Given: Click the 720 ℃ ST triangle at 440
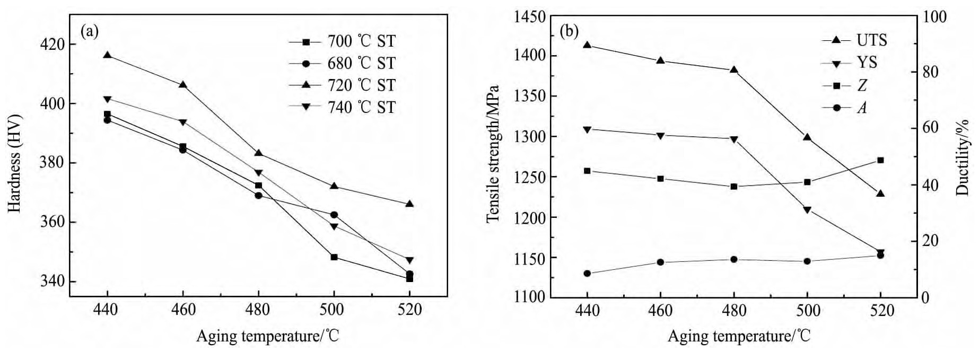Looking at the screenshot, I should [x=107, y=55].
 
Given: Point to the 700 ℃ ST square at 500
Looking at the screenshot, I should [x=334, y=257].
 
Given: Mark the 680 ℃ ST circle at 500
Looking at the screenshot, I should [x=334, y=215].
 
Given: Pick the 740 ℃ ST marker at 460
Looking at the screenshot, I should [x=183, y=122].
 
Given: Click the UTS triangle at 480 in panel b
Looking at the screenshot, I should [x=734, y=69].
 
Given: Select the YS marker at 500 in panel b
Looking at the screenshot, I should [x=807, y=210].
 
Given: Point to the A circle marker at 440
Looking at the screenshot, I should [x=587, y=274].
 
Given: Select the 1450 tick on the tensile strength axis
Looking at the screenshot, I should [x=529, y=16].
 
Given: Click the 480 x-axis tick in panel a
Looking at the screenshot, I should [x=258, y=310].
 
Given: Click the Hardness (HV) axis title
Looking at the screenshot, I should [x=14, y=163].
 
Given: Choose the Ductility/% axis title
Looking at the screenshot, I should [x=964, y=157].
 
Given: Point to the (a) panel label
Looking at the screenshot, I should [x=90, y=32].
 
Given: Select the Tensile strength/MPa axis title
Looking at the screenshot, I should [x=493, y=154].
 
